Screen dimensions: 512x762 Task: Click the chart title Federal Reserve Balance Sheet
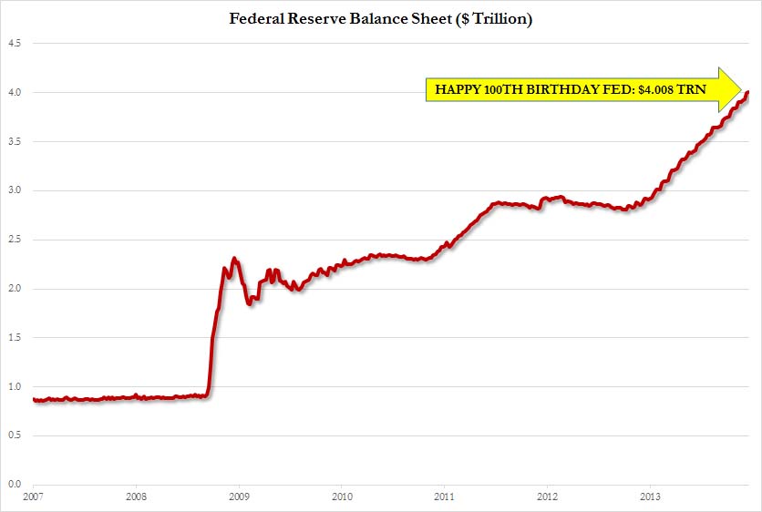[x=381, y=19]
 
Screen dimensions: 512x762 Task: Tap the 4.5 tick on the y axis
[x=15, y=43]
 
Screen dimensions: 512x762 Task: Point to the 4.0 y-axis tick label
[x=15, y=92]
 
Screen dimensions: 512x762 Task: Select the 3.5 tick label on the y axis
[x=15, y=141]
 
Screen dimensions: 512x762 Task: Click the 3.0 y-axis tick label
[x=15, y=190]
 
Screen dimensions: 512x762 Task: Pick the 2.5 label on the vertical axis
[x=15, y=240]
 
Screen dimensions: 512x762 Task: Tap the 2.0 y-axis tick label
[x=15, y=289]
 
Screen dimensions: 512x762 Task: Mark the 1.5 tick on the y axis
[x=15, y=337]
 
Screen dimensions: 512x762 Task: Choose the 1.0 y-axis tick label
[x=15, y=386]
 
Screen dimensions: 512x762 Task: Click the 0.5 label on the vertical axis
[x=15, y=435]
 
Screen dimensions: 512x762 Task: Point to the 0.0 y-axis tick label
[x=15, y=485]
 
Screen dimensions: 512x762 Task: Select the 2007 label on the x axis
[x=33, y=497]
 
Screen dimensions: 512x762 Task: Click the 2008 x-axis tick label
[x=135, y=497]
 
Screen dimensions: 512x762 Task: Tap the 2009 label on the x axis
[x=239, y=497]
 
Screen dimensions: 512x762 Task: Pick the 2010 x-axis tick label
[x=342, y=497]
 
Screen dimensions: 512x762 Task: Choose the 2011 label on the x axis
[x=445, y=497]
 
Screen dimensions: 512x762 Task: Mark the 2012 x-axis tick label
[x=548, y=497]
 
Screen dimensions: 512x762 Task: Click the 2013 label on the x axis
[x=651, y=497]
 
